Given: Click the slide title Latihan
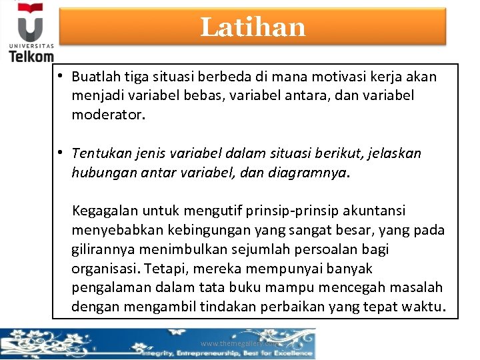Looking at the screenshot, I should (253, 27).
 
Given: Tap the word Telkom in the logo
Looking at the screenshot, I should (31, 56).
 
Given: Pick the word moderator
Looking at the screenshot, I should (106, 115).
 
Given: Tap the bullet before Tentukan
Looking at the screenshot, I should (60, 153).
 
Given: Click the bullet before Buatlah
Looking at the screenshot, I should (60, 76).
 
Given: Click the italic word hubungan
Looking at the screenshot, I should (102, 173).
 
